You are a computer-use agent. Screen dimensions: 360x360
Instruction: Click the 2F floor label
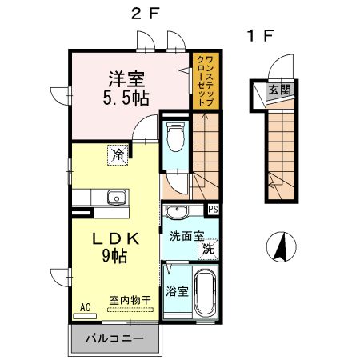click(x=144, y=13)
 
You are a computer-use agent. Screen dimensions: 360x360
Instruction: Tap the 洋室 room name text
click(x=126, y=80)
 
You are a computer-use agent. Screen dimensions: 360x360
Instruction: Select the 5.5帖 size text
click(x=126, y=100)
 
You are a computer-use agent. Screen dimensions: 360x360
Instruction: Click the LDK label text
click(x=114, y=238)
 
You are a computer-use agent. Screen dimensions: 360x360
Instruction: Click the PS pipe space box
click(x=213, y=210)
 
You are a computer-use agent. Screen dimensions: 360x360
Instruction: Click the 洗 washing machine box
click(x=207, y=249)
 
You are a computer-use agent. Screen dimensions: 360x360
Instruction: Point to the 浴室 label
click(x=177, y=291)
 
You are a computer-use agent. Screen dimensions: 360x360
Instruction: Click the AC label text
click(x=85, y=306)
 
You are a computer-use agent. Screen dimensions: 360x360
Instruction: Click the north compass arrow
click(x=282, y=246)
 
